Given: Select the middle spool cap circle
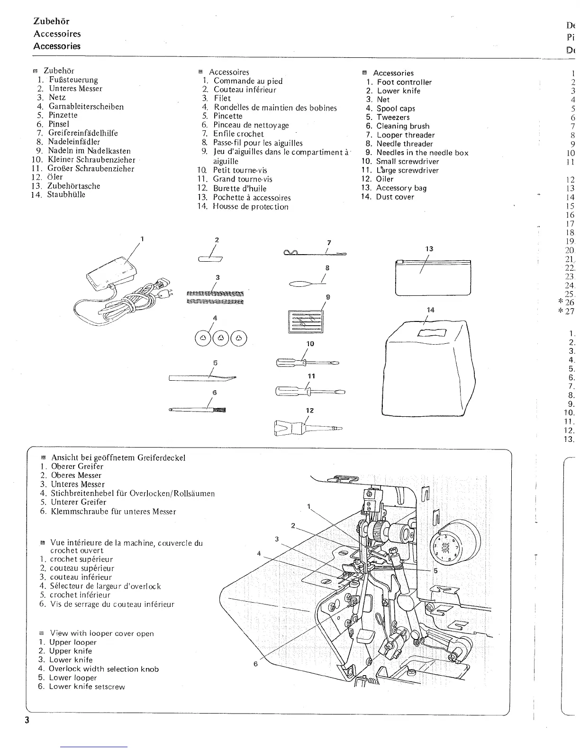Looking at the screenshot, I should [221, 338].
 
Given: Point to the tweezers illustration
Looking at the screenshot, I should [203, 378].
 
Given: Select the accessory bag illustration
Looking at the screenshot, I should [433, 277].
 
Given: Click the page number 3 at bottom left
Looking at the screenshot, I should [27, 720].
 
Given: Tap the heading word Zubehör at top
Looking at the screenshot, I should [51, 21].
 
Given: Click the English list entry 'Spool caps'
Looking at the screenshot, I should [396, 109].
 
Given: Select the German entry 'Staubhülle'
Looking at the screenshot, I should [66, 195].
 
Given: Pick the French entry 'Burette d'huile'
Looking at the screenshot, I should [240, 188].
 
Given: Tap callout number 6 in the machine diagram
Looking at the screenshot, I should [255, 664].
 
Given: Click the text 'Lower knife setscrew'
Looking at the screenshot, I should [87, 687].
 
